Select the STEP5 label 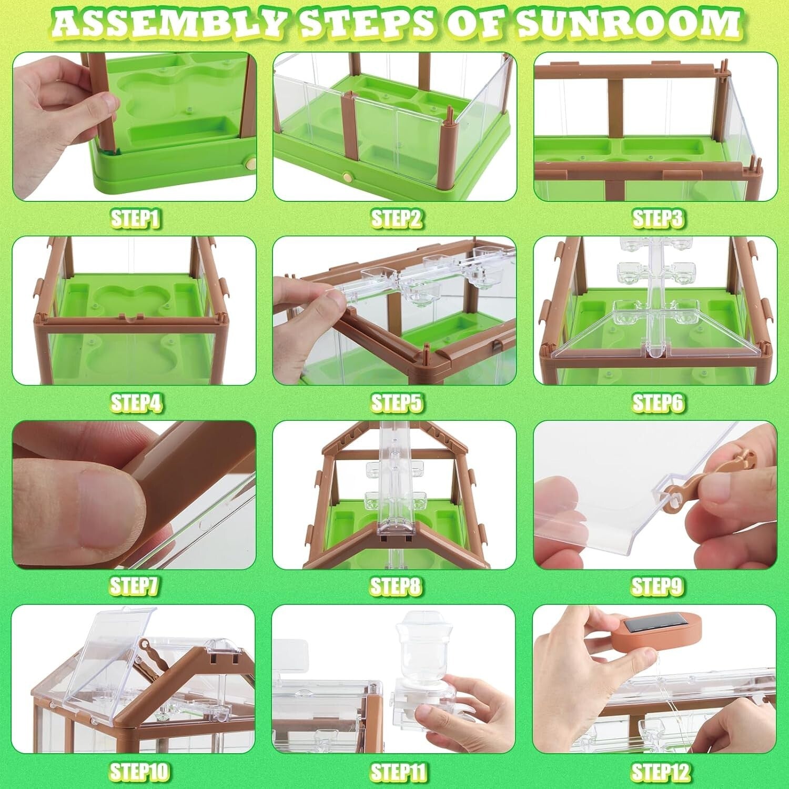pyautogui.click(x=397, y=403)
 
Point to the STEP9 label pyautogui.click(x=657, y=585)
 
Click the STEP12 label pyautogui.click(x=660, y=772)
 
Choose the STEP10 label pyautogui.click(x=139, y=772)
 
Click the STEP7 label pyautogui.click(x=135, y=585)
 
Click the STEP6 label pyautogui.click(x=657, y=403)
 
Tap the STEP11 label pyautogui.click(x=398, y=772)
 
